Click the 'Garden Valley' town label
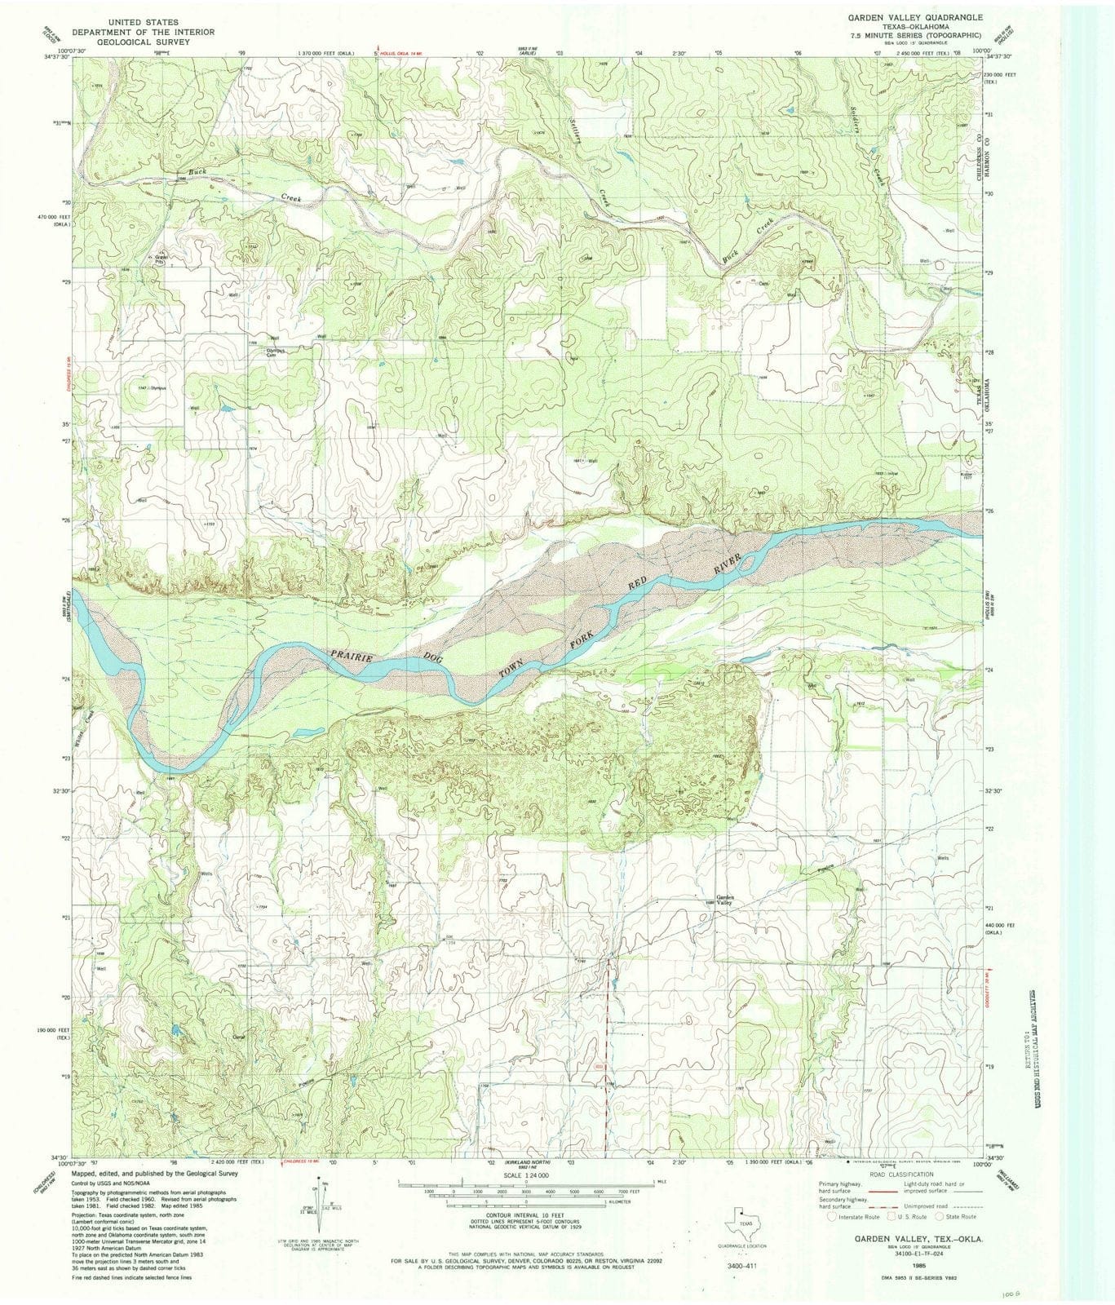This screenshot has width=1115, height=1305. (724, 900)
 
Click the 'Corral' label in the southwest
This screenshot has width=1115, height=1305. (239, 1037)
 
